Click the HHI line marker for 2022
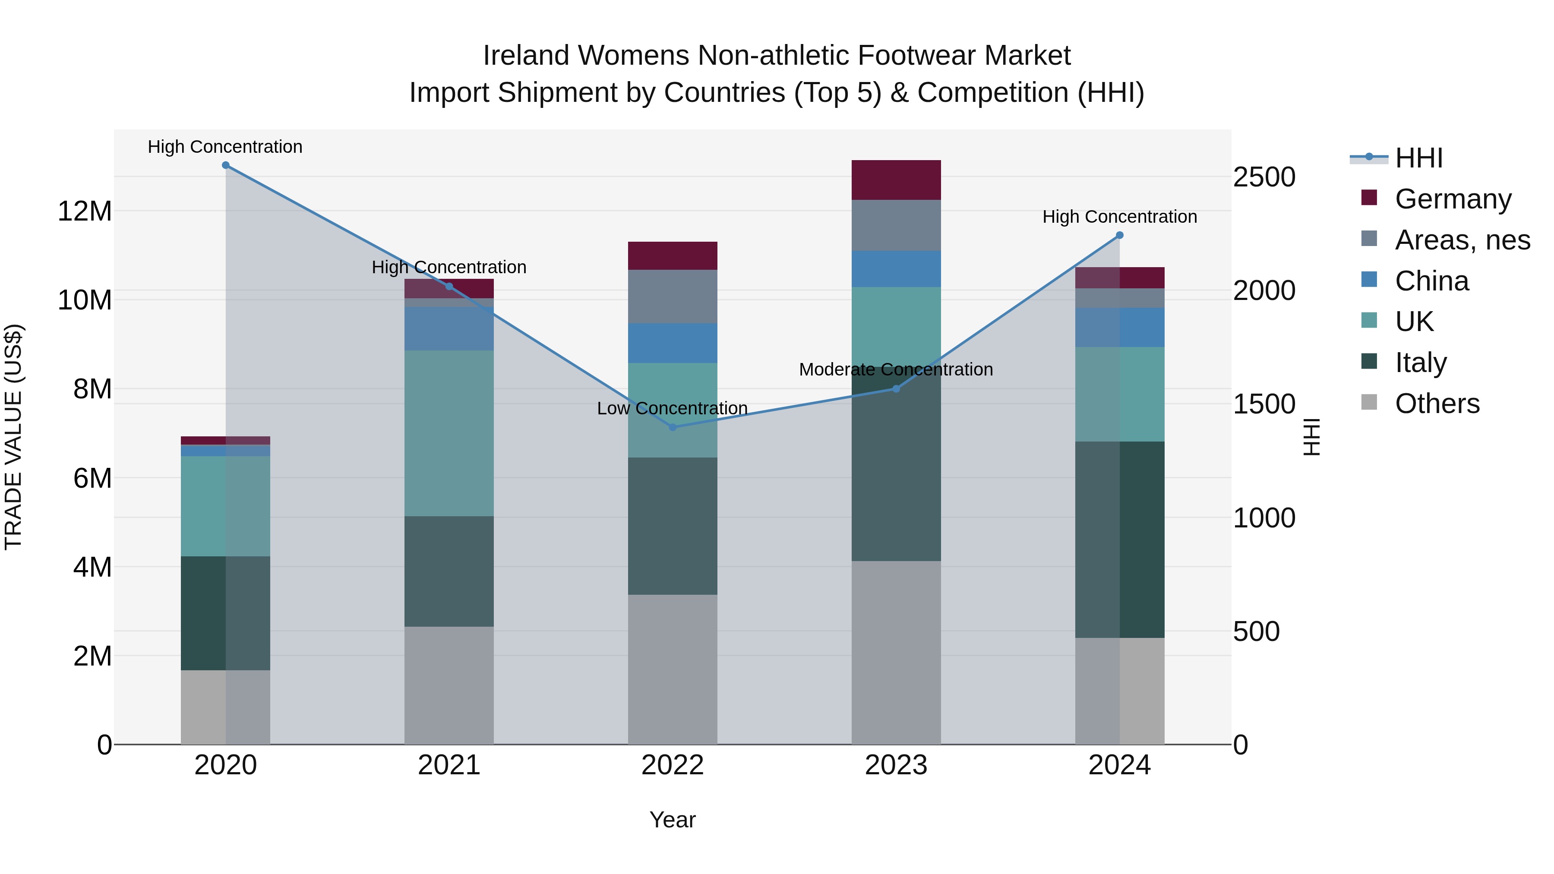click(673, 427)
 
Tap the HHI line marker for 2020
click(226, 165)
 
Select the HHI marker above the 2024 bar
click(1120, 235)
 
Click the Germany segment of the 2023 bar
click(896, 180)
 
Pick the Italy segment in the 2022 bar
click(673, 526)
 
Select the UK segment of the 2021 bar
click(449, 433)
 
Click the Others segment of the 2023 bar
click(896, 653)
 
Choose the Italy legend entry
click(1420, 363)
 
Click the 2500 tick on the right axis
click(1264, 177)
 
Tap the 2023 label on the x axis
click(896, 765)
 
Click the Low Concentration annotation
click(672, 408)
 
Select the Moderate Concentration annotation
click(896, 369)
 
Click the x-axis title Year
click(673, 820)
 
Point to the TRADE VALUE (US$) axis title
click(13, 437)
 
